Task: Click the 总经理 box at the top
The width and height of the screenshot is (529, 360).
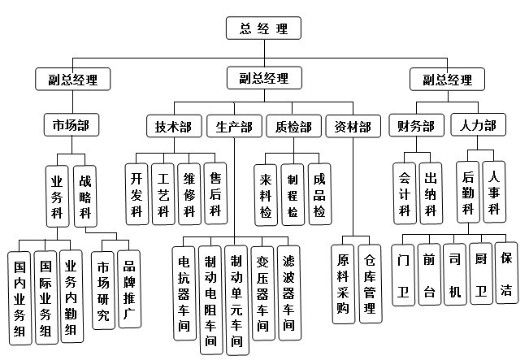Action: (264, 28)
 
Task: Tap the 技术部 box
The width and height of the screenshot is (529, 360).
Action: (174, 127)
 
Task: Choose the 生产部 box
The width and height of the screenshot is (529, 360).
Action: (234, 127)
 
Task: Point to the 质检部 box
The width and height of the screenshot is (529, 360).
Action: (293, 127)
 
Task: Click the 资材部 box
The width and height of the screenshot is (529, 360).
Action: (353, 127)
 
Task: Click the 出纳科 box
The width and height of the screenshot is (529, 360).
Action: (431, 193)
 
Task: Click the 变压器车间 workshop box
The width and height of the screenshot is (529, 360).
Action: (262, 293)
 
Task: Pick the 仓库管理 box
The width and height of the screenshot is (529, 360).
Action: (370, 284)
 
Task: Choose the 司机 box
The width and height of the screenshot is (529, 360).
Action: (455, 275)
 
